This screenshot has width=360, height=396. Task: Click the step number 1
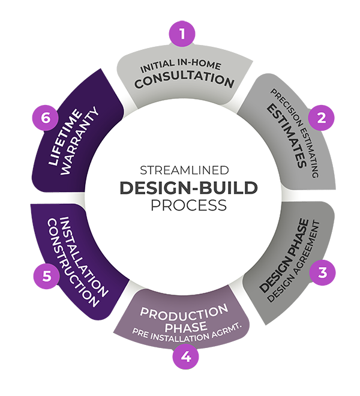[x=182, y=34]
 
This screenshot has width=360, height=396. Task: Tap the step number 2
[x=322, y=118]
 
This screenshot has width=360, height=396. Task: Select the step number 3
[x=323, y=273]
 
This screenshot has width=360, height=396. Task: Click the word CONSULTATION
[x=184, y=80]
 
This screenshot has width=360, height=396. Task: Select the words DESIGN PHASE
[x=284, y=256]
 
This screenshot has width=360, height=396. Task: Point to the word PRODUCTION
[x=184, y=313]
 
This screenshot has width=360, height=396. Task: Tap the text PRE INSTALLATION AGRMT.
[x=186, y=337]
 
